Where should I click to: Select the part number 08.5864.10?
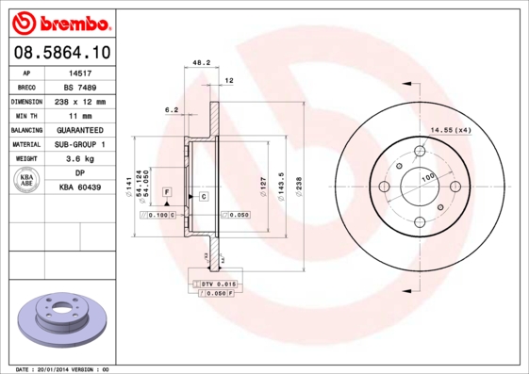[58, 53]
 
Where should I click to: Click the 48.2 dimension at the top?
[201, 63]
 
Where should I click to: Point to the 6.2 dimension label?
[172, 110]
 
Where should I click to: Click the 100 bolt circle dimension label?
[427, 177]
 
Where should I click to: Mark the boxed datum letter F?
[167, 192]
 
